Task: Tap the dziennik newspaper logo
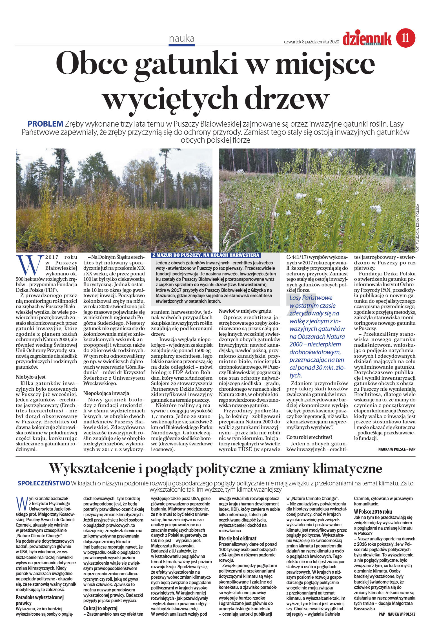point(367,39)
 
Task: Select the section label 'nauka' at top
point(182,39)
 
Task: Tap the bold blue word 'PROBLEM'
point(45,124)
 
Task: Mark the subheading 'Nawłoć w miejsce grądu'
point(245,311)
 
